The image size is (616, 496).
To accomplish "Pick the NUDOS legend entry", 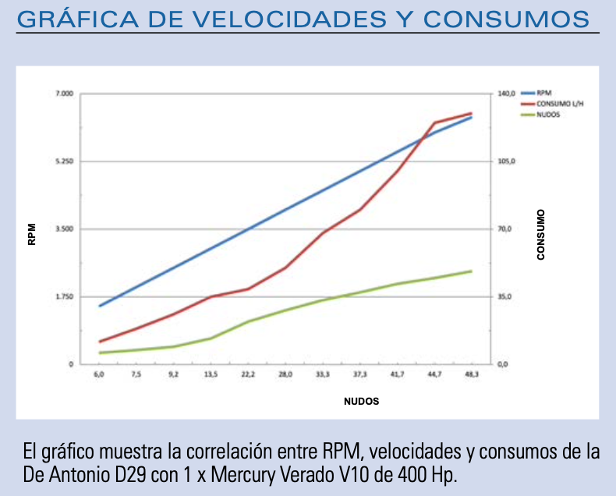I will coord(548,114).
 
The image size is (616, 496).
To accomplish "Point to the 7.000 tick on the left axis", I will coord(64,94).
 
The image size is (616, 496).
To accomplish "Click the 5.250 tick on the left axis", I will coord(64,161).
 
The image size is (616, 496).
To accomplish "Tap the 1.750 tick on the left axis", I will coord(64,296).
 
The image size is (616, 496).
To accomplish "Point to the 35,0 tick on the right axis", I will coord(505,296).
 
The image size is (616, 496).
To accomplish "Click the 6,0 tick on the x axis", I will coord(99,375).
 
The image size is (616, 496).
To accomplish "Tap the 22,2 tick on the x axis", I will coord(247,375).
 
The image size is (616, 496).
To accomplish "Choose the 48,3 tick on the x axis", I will coord(471,375).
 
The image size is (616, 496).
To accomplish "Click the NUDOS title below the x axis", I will coord(362,401).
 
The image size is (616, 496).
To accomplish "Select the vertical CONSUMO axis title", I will coord(541,234).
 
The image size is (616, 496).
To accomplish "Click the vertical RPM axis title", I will coord(32,235).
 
